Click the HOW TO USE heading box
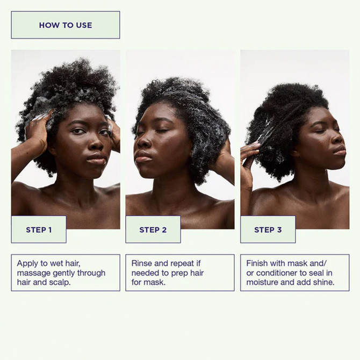point(66,25)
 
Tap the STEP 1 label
point(39,229)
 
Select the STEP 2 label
point(153,229)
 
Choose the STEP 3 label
point(268,229)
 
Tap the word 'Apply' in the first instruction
point(28,263)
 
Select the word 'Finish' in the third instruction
point(258,263)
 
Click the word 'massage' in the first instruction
point(34,273)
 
